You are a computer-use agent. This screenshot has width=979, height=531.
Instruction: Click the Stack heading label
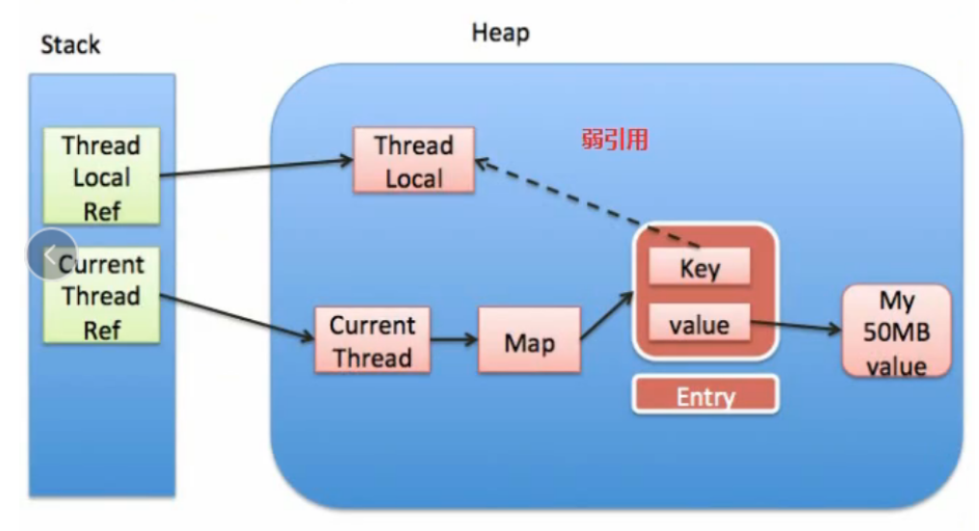click(x=70, y=44)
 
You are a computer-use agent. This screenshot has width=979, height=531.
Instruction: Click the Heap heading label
click(x=500, y=33)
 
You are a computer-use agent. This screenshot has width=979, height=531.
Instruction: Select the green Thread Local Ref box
click(x=100, y=178)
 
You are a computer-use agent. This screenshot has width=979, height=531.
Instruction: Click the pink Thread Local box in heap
click(x=413, y=162)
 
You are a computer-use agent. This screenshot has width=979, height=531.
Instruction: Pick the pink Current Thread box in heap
click(x=371, y=341)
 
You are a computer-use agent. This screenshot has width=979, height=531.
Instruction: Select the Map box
click(x=529, y=341)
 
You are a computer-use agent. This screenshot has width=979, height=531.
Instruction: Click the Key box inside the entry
click(x=700, y=268)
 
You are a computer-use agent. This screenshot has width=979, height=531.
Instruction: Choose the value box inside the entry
click(x=700, y=325)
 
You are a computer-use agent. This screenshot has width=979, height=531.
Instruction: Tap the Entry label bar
click(x=704, y=395)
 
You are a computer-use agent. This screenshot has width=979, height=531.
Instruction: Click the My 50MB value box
click(x=896, y=332)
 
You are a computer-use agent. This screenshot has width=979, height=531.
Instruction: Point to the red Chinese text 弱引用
click(x=614, y=140)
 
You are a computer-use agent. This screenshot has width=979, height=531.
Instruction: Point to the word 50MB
click(x=896, y=333)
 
